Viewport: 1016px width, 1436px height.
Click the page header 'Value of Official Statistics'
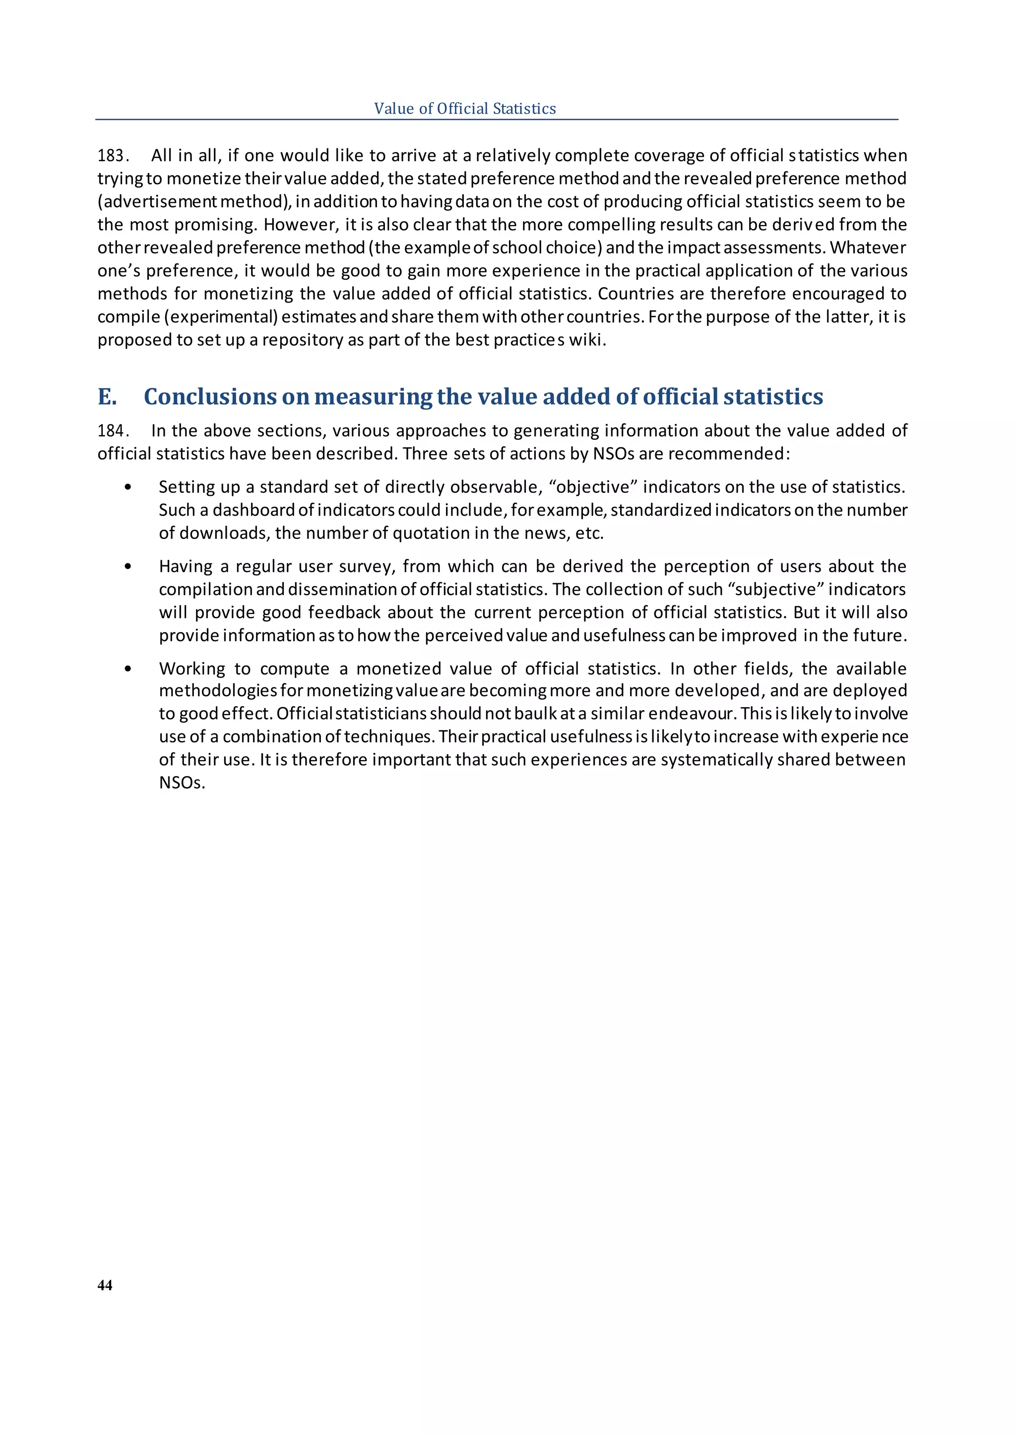point(465,109)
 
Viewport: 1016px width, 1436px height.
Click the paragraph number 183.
point(112,156)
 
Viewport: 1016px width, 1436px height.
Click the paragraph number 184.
point(112,431)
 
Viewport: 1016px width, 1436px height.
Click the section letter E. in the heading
point(107,397)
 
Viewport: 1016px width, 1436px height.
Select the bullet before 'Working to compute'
point(128,668)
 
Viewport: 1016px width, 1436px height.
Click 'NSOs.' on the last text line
point(182,783)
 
